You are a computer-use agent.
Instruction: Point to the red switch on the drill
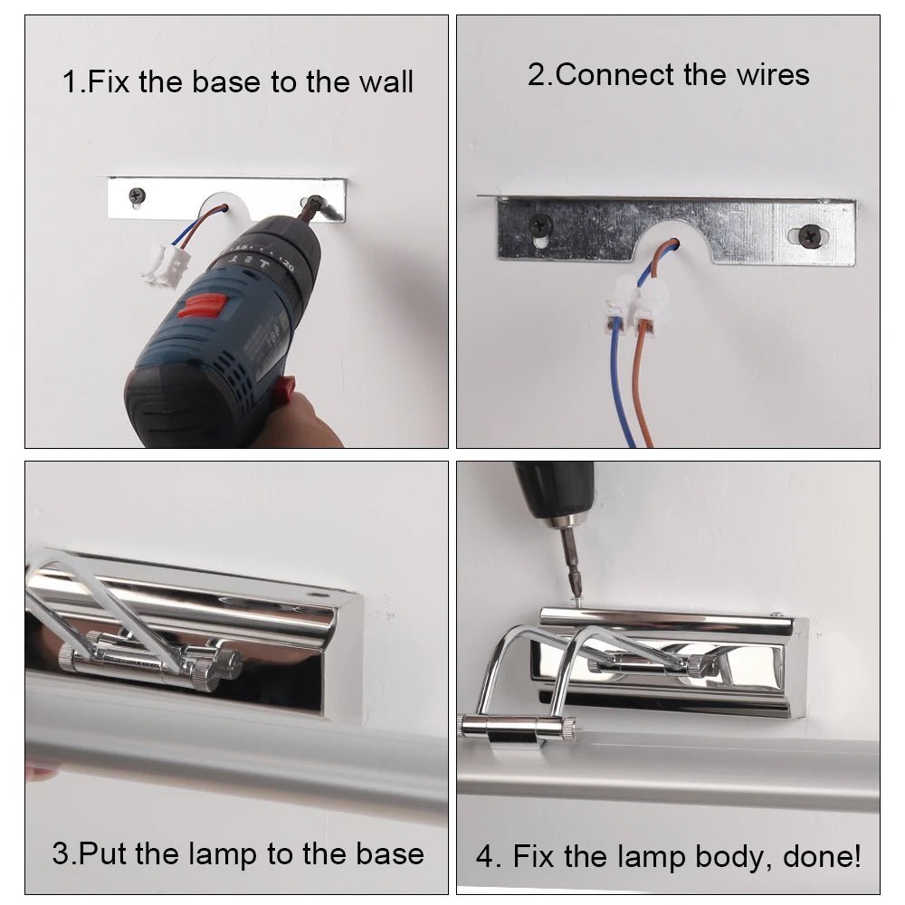(x=201, y=305)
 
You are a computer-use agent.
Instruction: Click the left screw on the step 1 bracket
(x=137, y=195)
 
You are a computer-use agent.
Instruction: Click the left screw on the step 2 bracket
(x=541, y=224)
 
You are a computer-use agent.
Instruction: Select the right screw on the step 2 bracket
(x=810, y=235)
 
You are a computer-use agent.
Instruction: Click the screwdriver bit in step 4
(x=571, y=562)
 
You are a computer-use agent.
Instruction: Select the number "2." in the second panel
(x=540, y=75)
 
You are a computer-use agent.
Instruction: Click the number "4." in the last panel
(x=489, y=856)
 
